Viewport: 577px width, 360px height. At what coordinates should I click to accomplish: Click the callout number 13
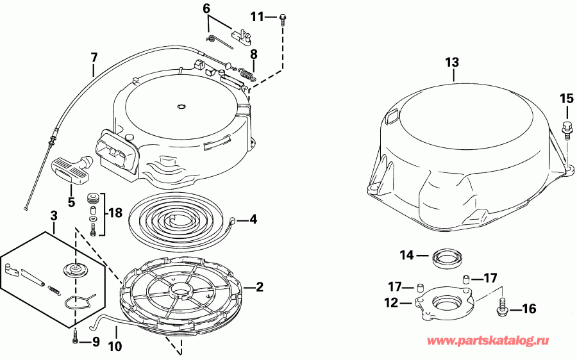[x=452, y=62]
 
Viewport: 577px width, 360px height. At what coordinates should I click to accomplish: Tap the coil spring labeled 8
[x=249, y=76]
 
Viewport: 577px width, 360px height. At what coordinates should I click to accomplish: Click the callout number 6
[x=206, y=8]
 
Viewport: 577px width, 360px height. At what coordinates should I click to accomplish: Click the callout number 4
[x=253, y=220]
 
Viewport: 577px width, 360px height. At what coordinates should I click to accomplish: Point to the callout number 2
[x=260, y=287]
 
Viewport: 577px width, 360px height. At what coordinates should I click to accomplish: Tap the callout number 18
[x=115, y=214]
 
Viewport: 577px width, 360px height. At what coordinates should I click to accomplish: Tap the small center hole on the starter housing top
[x=180, y=106]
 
